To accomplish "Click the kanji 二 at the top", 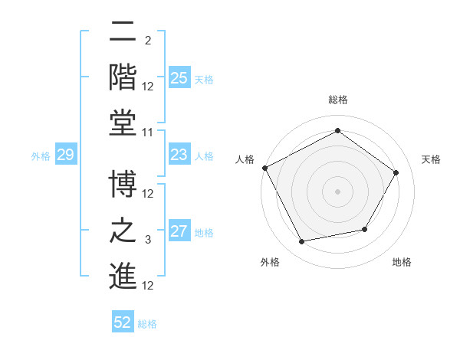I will click(x=123, y=32).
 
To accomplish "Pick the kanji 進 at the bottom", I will click(x=123, y=276).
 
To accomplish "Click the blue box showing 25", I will click(x=179, y=78).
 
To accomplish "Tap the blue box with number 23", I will click(x=179, y=155).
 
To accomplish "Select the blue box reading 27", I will click(x=179, y=232).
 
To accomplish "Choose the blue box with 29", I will click(x=65, y=155).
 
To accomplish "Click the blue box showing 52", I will click(x=123, y=322).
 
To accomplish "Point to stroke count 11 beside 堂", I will click(x=149, y=133).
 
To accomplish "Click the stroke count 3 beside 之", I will click(x=149, y=241).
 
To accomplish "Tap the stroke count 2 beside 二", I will click(x=148, y=40).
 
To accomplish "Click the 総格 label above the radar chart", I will click(x=338, y=100).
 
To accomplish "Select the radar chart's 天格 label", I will click(x=432, y=159).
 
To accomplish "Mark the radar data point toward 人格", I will click(x=264, y=167).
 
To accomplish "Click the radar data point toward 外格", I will click(x=301, y=242).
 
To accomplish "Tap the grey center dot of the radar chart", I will click(x=338, y=191).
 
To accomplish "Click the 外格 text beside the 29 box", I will click(x=41, y=156).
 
